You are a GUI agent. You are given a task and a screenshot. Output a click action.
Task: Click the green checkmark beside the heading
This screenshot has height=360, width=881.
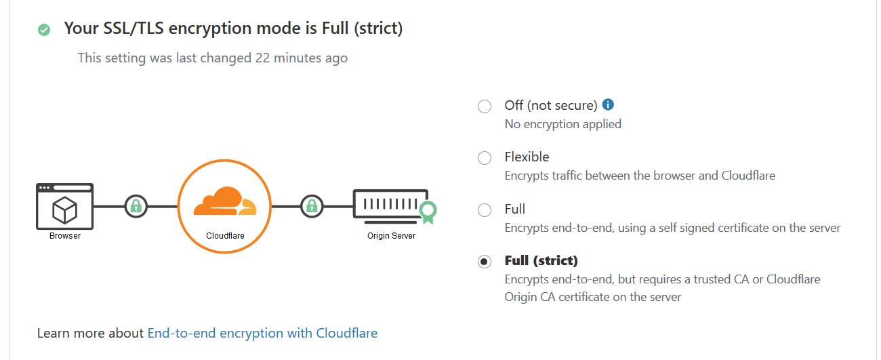click(44, 30)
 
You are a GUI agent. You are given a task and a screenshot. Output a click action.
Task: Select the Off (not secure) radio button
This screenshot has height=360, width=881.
click(485, 106)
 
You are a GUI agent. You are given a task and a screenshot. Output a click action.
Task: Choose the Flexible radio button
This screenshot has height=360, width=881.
click(485, 158)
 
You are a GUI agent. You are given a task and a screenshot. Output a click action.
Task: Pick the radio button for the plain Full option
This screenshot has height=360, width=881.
click(485, 210)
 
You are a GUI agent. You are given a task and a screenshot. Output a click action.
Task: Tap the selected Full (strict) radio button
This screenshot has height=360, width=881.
click(485, 262)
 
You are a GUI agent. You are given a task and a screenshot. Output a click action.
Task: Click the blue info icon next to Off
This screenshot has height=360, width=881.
click(608, 104)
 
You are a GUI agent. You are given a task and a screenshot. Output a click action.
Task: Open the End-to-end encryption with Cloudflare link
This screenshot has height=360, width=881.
click(262, 333)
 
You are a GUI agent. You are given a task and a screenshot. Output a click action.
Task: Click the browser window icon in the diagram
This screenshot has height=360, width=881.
click(65, 206)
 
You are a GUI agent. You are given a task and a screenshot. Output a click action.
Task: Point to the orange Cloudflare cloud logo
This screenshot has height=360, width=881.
click(225, 201)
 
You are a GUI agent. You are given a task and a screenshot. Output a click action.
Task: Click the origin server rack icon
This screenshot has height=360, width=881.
click(390, 207)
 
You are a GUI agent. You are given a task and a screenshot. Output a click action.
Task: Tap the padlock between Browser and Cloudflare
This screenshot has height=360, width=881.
click(136, 206)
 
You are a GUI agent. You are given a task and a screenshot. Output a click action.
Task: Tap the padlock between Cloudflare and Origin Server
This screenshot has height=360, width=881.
click(312, 206)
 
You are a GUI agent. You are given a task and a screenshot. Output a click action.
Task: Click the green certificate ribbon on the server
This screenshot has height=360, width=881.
click(428, 212)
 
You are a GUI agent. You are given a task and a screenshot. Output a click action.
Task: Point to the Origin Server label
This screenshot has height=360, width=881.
click(391, 236)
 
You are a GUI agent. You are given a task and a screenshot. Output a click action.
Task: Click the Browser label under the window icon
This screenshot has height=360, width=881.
click(65, 236)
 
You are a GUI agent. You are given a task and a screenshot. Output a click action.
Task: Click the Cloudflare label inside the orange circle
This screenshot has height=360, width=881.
click(225, 236)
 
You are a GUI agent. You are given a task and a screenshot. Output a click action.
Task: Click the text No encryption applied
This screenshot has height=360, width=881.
click(562, 124)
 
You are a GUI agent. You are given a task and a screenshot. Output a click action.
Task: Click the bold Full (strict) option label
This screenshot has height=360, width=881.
click(541, 261)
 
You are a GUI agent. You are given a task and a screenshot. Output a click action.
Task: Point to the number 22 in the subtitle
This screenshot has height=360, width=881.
click(262, 58)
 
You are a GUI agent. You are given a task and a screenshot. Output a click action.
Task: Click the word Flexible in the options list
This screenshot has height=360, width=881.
click(527, 157)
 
